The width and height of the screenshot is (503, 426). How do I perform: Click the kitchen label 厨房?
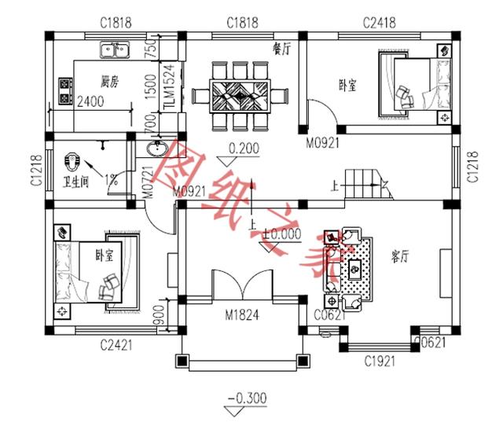pos(109,81)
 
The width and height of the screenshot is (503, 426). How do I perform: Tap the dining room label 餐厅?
pos(281,48)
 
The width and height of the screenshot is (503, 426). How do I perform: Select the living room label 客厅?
pos(402,256)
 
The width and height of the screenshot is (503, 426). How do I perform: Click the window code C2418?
pos(380,22)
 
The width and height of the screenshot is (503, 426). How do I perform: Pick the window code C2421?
pos(115,344)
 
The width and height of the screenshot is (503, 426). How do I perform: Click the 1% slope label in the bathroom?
pos(111,179)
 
